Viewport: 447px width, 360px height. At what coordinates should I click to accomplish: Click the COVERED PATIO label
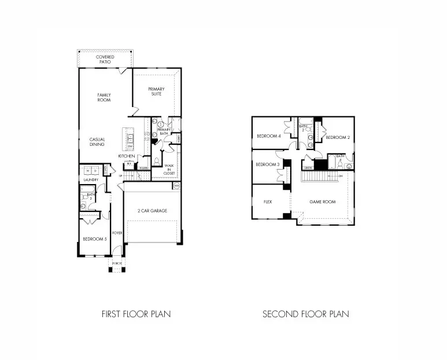[x=105, y=59]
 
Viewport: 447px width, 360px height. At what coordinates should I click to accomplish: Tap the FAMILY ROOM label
[x=104, y=97]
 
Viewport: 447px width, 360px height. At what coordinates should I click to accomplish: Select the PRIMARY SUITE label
[x=156, y=91]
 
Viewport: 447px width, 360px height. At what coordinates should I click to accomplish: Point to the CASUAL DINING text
[x=97, y=142]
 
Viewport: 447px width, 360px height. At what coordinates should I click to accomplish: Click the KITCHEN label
[x=127, y=156]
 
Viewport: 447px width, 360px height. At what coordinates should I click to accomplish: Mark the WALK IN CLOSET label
[x=169, y=170]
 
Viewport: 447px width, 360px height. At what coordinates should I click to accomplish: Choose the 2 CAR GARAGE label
[x=153, y=211]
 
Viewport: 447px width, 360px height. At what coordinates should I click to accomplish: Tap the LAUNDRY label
[x=89, y=180]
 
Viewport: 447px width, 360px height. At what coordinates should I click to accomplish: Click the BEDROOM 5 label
[x=94, y=239]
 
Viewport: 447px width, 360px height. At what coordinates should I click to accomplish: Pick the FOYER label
[x=117, y=233]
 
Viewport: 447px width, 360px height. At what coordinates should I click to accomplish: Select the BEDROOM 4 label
[x=268, y=137]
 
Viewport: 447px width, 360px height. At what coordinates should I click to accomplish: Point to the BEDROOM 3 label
[x=268, y=164]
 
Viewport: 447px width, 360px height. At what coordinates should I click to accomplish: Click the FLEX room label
[x=268, y=202]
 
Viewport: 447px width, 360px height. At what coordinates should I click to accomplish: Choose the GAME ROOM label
[x=322, y=202]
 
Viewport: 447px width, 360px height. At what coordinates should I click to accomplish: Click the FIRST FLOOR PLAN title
[x=136, y=314]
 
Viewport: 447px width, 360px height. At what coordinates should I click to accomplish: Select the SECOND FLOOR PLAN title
[x=306, y=314]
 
